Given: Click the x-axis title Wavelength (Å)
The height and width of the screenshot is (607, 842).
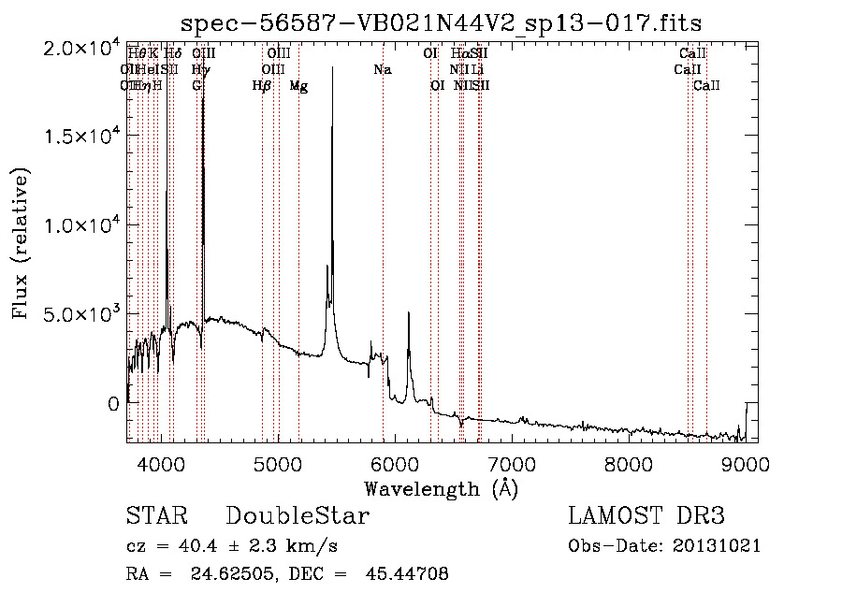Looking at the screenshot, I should (441, 487).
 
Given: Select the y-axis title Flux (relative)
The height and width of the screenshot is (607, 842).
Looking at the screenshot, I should (21, 243).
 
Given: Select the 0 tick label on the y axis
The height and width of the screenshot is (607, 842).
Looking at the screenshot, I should (113, 403).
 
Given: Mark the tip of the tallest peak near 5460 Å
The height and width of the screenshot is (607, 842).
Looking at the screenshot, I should (332, 67).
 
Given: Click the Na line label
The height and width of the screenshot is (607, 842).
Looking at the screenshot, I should (382, 70).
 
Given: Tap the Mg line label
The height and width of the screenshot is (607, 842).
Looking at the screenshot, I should (298, 86).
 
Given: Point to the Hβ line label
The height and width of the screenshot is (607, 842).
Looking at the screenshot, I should (262, 86).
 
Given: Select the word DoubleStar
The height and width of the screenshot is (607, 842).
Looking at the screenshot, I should (298, 516).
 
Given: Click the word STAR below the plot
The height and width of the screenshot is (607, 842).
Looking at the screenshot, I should (156, 516).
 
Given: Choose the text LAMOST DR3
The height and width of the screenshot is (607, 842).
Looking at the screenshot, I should (646, 516).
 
